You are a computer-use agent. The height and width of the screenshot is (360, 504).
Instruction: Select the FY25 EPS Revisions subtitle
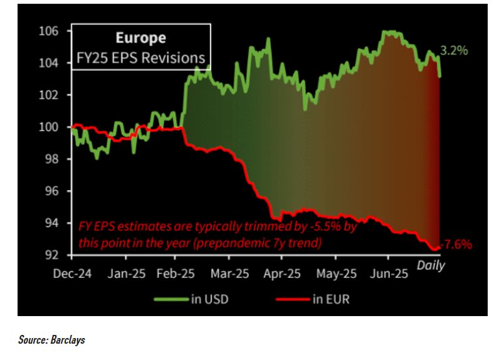pos(141,58)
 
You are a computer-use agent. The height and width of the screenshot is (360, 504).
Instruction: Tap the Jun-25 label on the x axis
pos(388,274)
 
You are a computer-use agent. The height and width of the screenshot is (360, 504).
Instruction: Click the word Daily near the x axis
pos(431,265)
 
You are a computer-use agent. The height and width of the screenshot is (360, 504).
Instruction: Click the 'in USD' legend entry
pos(208,299)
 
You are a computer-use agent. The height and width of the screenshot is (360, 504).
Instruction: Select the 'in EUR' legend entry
pos(328,299)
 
